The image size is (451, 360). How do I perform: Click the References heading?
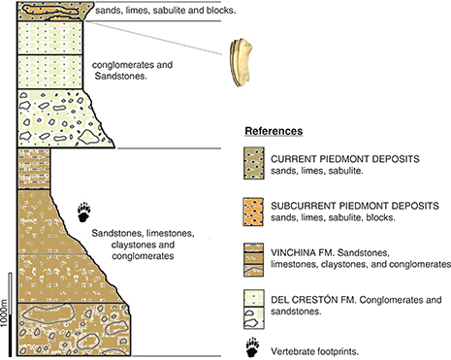tap(274, 131)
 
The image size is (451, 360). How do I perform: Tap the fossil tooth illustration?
tap(242, 63)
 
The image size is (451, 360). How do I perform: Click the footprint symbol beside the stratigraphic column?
tap(84, 213)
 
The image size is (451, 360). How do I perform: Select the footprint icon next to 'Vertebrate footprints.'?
tap(252, 347)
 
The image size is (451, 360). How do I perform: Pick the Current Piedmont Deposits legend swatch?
tap(254, 163)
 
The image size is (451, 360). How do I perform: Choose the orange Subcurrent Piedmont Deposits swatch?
tap(254, 212)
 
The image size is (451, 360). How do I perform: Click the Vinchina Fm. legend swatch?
tap(254, 260)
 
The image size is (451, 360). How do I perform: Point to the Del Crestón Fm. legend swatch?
tap(254, 310)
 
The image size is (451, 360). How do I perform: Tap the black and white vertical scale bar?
tap(10, 314)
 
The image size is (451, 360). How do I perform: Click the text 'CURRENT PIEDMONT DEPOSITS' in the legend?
tap(345, 159)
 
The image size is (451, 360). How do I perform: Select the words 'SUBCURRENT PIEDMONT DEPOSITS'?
tap(355, 206)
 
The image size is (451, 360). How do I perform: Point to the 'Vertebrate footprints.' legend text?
tap(315, 351)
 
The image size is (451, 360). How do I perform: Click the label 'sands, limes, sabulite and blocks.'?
tap(166, 11)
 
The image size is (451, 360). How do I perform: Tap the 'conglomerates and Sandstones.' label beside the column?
tap(132, 71)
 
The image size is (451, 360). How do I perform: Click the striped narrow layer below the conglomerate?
tap(34, 169)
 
